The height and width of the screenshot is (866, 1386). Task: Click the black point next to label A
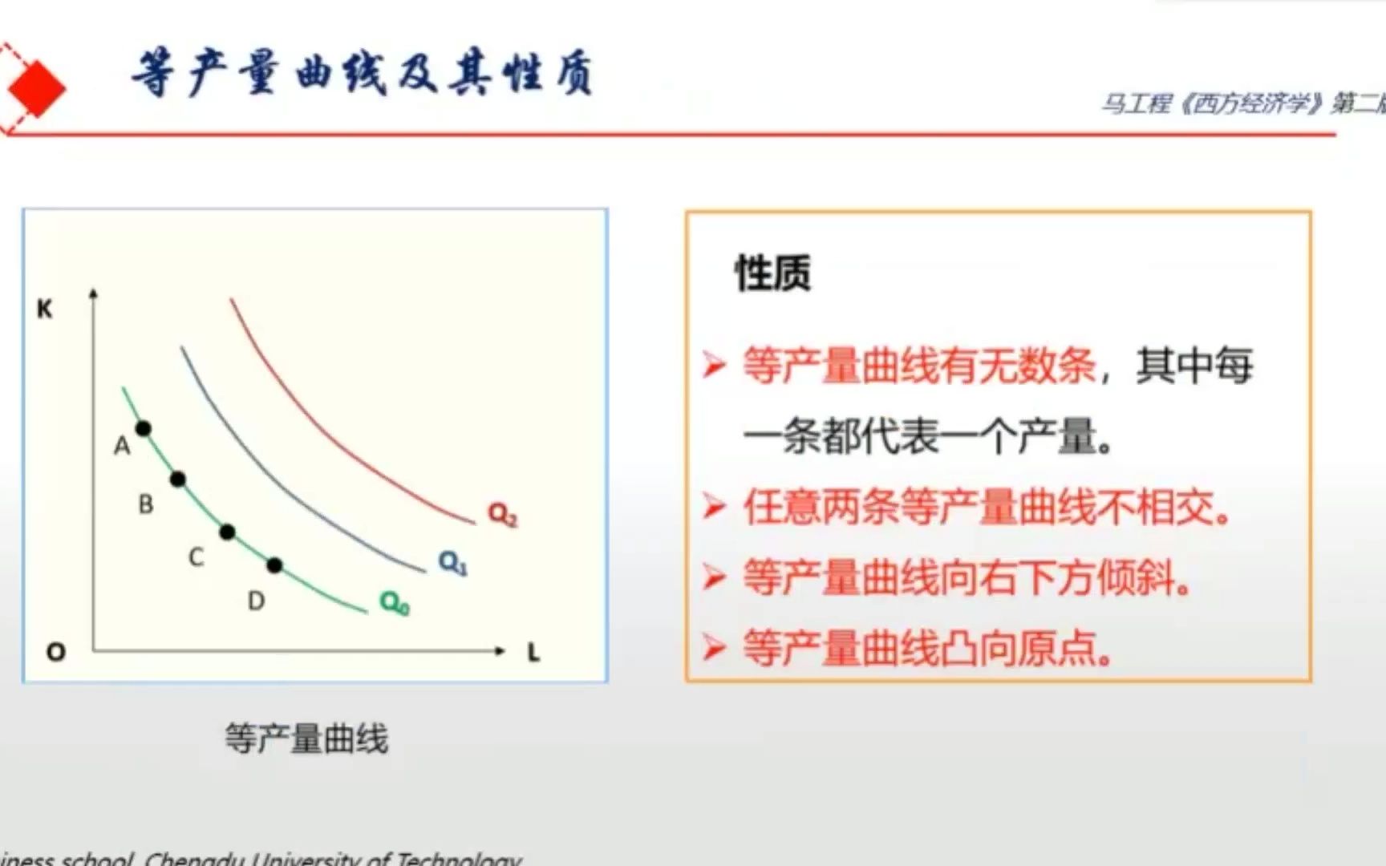coord(144,429)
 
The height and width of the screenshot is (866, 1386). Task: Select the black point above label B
coord(178,480)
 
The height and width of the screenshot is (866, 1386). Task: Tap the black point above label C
coord(227,532)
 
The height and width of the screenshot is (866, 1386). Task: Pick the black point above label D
coord(274,565)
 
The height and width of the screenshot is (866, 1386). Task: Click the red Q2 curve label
coord(503,514)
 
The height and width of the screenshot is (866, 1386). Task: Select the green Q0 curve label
coord(395,602)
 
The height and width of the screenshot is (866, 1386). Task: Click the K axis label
coord(45,309)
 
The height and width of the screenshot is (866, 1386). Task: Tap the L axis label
coord(534,653)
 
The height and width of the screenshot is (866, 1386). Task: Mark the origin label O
coord(55,652)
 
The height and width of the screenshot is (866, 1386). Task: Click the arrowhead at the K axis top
coord(94,293)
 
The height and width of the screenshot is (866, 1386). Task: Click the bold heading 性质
coord(772,273)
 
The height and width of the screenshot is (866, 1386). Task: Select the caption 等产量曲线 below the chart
coord(306,739)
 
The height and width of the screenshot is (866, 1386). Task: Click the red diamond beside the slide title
coord(34,87)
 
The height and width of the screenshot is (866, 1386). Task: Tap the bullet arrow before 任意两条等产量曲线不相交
coord(713,507)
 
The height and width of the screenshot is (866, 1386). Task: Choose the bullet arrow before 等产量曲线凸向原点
coord(713,647)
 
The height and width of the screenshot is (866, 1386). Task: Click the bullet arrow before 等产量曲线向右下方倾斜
coord(713,577)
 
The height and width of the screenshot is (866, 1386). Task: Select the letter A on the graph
coord(122,446)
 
